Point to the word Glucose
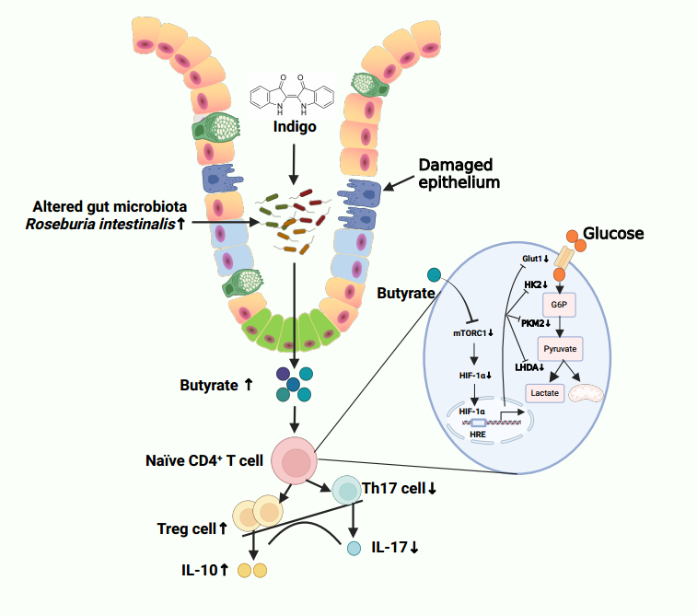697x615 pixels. (613, 234)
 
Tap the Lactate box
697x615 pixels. (545, 393)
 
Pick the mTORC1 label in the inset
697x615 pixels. (473, 332)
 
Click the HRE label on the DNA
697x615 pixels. (478, 433)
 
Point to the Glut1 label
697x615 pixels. (535, 259)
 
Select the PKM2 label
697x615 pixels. (535, 323)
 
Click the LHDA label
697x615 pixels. (529, 368)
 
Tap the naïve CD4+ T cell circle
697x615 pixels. (295, 460)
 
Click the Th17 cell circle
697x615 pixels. (347, 489)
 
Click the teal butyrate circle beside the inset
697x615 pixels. (435, 274)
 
